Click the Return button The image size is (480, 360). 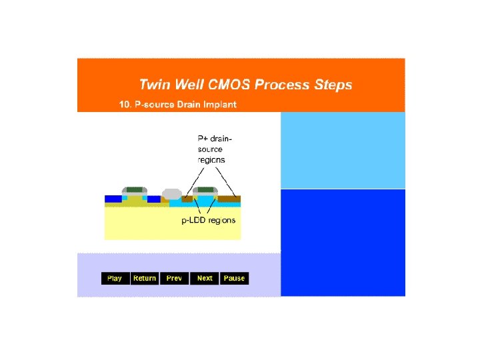click(x=145, y=278)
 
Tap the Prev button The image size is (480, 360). click(x=174, y=278)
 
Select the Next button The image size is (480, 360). click(x=205, y=278)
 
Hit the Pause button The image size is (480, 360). click(x=234, y=278)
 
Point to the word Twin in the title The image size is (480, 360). click(x=153, y=85)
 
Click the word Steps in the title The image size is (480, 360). click(x=334, y=85)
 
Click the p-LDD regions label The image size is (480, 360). click(x=209, y=220)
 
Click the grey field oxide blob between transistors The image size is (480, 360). click(x=172, y=193)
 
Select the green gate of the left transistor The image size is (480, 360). click(x=135, y=189)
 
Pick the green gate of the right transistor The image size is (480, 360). click(x=205, y=189)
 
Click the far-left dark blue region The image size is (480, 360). click(x=112, y=199)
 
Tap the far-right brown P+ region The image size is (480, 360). click(x=230, y=199)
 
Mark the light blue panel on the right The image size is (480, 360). click(x=343, y=150)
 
